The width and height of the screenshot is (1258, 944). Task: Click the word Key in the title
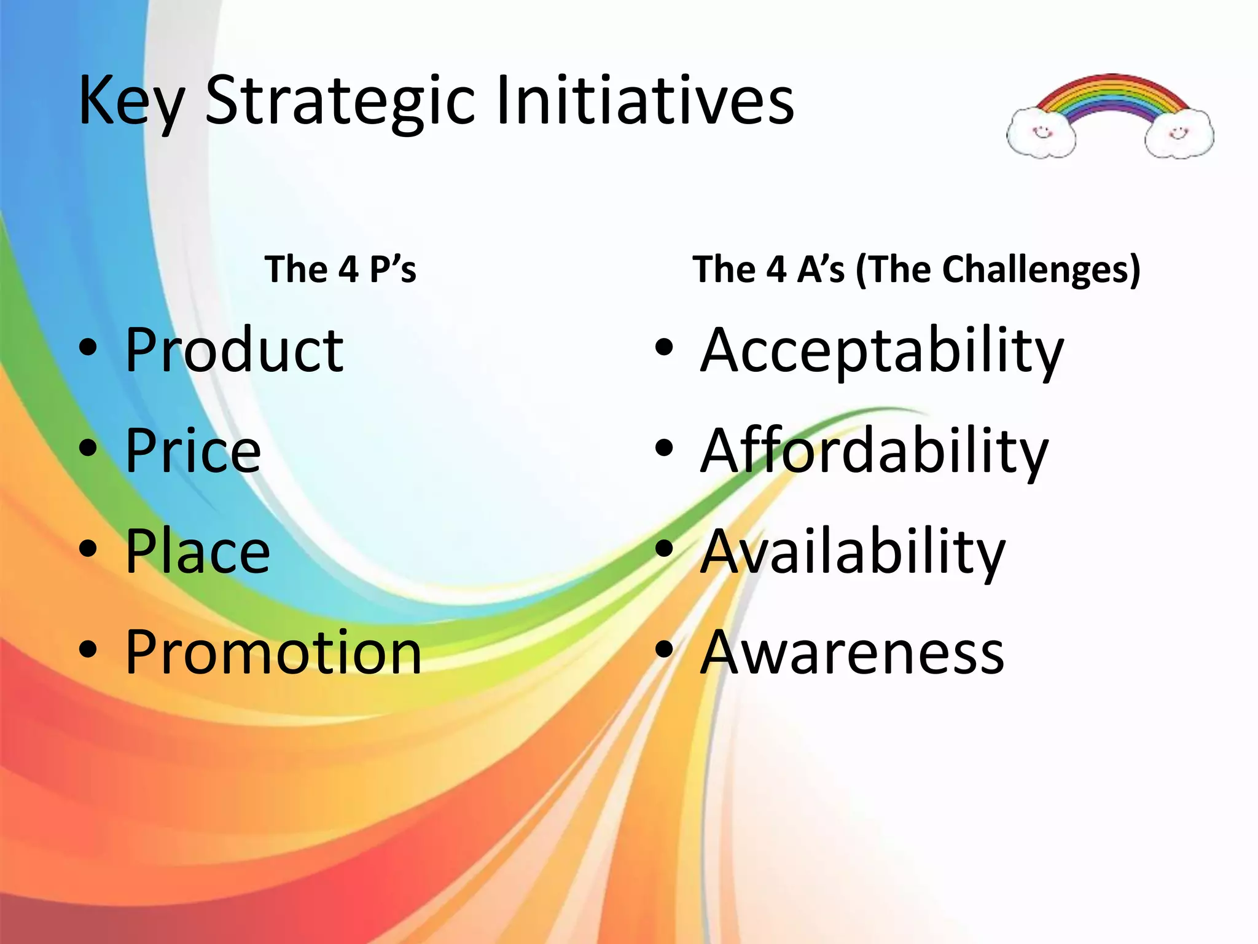pos(131,101)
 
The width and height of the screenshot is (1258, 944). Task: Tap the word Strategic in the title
pos(340,101)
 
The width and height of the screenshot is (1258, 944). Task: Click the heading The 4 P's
pos(340,269)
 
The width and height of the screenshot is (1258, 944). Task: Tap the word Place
pos(198,551)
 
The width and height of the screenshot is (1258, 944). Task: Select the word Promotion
pos(273,652)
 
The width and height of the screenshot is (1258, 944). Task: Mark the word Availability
pos(853,551)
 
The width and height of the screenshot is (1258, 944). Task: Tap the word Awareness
pos(853,652)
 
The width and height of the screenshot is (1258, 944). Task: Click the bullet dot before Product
pos(88,348)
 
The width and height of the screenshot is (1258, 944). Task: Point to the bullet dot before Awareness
pos(664,650)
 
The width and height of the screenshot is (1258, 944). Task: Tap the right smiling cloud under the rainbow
pos(1179,133)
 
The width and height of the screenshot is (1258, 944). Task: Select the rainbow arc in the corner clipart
pos(1111,92)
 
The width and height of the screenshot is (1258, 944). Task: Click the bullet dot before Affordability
pos(664,448)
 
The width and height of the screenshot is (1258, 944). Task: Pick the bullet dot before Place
pos(88,549)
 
